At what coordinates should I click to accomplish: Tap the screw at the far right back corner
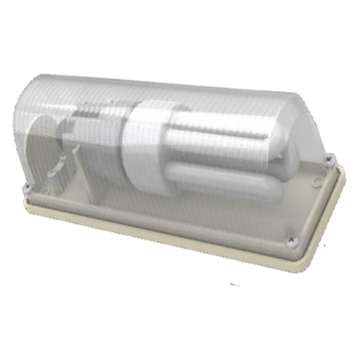329,158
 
